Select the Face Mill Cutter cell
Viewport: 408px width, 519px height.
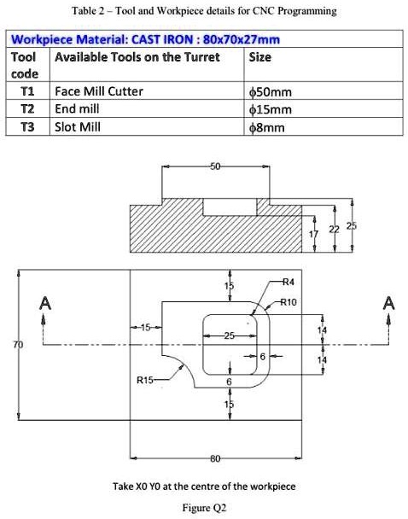[x=99, y=91]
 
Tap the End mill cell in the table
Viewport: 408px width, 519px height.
[x=77, y=109]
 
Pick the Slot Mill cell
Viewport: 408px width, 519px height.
[x=78, y=127]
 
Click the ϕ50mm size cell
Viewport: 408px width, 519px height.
[x=270, y=91]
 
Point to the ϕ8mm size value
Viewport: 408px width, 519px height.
[x=266, y=127]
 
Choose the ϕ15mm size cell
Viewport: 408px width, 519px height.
[x=270, y=109]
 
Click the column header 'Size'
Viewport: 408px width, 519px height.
[x=259, y=58]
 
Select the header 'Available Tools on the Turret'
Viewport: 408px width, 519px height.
[x=137, y=58]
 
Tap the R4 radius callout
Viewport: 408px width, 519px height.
[x=288, y=281]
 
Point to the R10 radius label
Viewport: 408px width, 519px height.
[x=290, y=302]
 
